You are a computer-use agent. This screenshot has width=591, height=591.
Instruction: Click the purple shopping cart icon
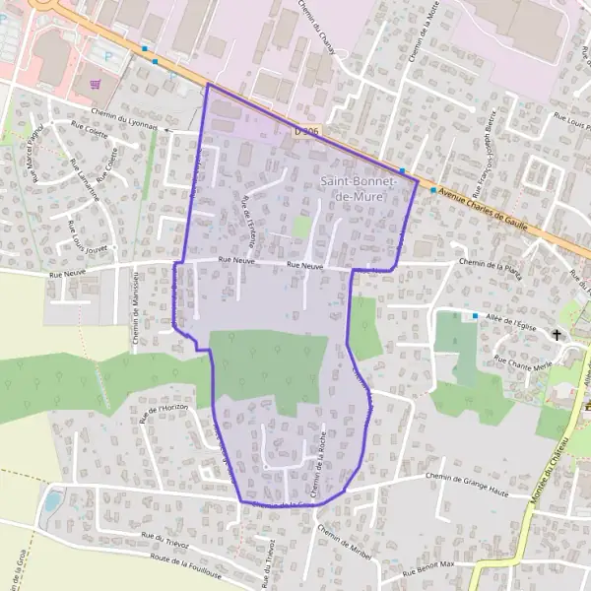[96, 85]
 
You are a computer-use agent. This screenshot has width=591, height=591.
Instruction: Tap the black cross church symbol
[558, 335]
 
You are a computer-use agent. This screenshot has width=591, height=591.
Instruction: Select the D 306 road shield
[306, 130]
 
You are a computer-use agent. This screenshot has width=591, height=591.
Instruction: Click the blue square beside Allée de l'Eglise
[475, 315]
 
